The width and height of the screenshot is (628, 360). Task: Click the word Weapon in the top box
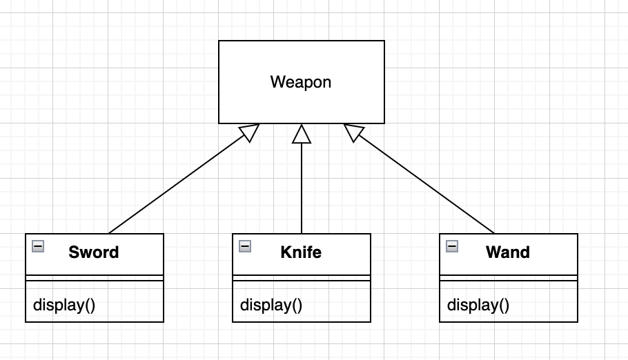[301, 82]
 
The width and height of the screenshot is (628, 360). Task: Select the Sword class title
[94, 252]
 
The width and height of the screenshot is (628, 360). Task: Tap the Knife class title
[301, 252]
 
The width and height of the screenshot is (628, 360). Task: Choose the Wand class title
[508, 252]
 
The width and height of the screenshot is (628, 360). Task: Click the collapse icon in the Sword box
[38, 246]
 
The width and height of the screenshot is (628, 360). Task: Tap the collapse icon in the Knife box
[245, 246]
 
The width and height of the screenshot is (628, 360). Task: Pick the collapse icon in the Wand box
[452, 246]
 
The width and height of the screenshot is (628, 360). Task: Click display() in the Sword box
[64, 304]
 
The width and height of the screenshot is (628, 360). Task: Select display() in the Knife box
[271, 304]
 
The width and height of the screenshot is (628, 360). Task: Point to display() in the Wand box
[478, 304]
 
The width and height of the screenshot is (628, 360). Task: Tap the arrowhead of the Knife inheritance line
[302, 134]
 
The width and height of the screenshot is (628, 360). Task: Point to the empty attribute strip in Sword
[95, 278]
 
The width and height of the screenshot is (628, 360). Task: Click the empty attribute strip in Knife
[302, 278]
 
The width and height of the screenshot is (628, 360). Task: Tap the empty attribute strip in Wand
[509, 278]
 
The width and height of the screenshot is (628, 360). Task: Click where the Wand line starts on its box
[494, 233]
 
